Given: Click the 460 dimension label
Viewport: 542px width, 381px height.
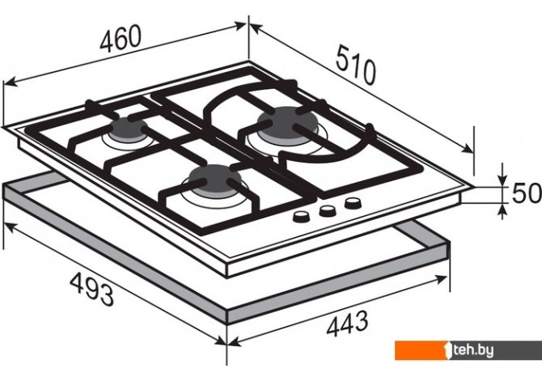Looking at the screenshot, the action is (x=121, y=38).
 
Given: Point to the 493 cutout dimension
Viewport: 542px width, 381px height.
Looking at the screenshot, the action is (x=92, y=289).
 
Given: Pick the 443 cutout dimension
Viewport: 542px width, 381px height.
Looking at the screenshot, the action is (x=347, y=324).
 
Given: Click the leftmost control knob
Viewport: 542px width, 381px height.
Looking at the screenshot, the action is (x=301, y=217).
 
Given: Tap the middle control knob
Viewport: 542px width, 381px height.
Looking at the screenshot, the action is (x=327, y=210).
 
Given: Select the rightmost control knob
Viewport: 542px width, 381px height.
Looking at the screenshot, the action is (x=353, y=203).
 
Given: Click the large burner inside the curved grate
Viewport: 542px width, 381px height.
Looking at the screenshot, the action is (x=287, y=126).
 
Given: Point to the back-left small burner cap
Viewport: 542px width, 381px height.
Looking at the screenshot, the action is (x=129, y=129).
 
